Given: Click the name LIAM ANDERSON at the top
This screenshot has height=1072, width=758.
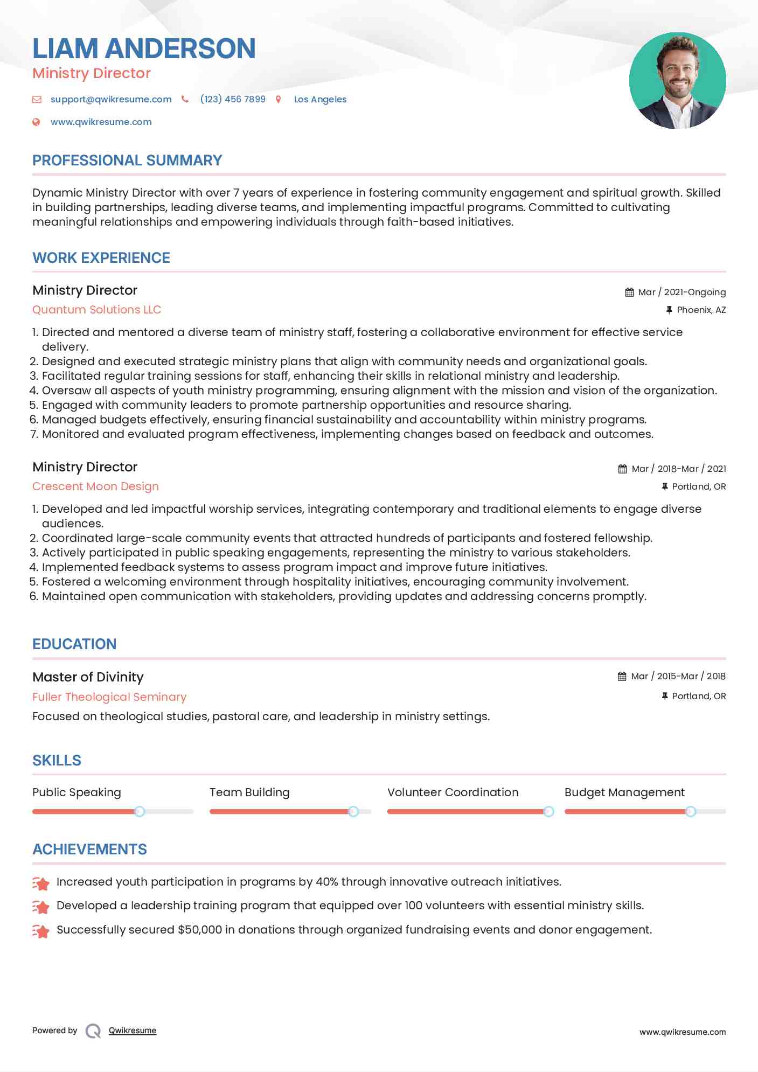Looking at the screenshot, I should pyautogui.click(x=144, y=48).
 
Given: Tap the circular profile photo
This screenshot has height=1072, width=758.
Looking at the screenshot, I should pyautogui.click(x=677, y=81).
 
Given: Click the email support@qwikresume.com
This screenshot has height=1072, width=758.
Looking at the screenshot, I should pyautogui.click(x=111, y=99).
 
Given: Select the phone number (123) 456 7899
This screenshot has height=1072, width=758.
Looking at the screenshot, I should pyautogui.click(x=233, y=99).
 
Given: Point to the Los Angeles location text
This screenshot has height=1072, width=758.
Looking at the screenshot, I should pyautogui.click(x=320, y=99).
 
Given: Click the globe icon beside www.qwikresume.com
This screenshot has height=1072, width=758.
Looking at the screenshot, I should pyautogui.click(x=36, y=122).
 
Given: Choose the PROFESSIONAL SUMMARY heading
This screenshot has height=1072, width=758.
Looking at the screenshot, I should pyautogui.click(x=127, y=161).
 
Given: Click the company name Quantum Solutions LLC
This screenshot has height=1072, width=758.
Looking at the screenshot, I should pyautogui.click(x=96, y=310).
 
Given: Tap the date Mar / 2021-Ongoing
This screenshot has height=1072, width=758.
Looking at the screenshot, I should pyautogui.click(x=681, y=292).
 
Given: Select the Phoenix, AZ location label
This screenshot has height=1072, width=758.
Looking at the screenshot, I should pyautogui.click(x=701, y=310).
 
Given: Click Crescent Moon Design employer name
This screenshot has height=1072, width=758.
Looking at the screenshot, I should pyautogui.click(x=95, y=486).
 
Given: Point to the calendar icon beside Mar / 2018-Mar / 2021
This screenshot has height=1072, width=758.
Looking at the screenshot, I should pyautogui.click(x=622, y=469).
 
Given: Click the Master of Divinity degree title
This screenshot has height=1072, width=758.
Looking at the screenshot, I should pyautogui.click(x=88, y=677).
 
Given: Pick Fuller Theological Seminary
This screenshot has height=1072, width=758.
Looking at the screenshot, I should pyautogui.click(x=109, y=697).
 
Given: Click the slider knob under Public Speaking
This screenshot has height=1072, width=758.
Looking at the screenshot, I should pyautogui.click(x=140, y=811).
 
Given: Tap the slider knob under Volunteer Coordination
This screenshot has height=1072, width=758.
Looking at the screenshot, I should pyautogui.click(x=548, y=811).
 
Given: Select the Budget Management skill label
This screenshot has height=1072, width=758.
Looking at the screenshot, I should pyautogui.click(x=624, y=792).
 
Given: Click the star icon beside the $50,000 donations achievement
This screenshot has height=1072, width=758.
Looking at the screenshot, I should pyautogui.click(x=40, y=930).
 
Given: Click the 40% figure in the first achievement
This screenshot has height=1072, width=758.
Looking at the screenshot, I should pyautogui.click(x=327, y=882).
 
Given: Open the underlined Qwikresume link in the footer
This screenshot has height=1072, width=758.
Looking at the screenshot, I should pyautogui.click(x=133, y=1031).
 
